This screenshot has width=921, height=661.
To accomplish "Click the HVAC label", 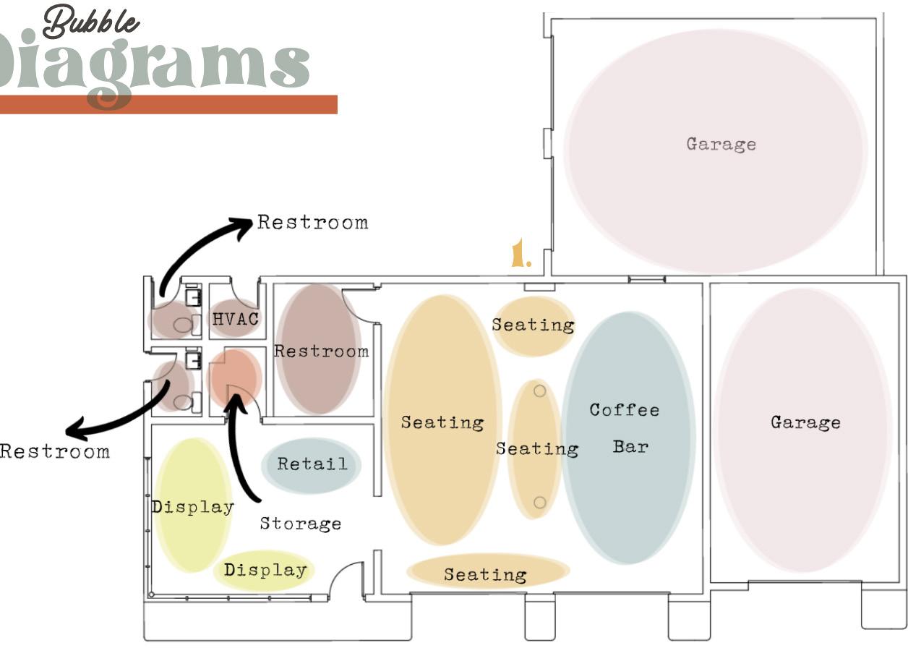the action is pos(236,318).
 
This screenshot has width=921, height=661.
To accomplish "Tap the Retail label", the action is pos(312,464).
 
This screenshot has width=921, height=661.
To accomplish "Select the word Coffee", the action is pos(625,410).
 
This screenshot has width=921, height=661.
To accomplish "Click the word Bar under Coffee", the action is pos(630,446).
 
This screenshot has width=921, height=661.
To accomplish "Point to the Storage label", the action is pos(300,523).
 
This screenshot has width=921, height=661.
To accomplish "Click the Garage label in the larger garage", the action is pos(721,143).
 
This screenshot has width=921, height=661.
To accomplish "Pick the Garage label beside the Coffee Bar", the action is pos(805,422).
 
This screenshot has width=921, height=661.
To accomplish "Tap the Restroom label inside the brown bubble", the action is pos(321,351).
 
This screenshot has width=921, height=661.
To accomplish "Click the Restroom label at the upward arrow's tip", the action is pos(312,222).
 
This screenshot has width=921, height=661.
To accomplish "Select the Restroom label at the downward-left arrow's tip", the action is pos(55,452).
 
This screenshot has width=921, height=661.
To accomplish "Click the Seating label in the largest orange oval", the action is pos(442,422).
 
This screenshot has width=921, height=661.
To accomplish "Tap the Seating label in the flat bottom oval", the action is pos(485,575).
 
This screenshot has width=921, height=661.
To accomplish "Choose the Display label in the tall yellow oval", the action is pos(193,507).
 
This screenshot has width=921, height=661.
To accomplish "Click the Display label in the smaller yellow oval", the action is pos(265,570).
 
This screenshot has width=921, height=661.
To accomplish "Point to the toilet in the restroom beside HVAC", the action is pos(183,325).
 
